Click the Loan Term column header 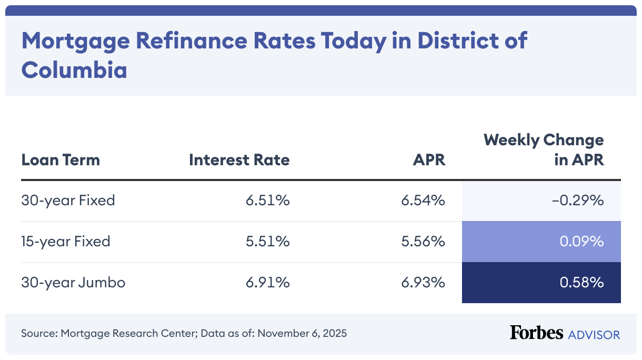pyautogui.click(x=61, y=159)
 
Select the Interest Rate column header pyautogui.click(x=239, y=159)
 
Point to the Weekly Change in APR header pyautogui.click(x=544, y=150)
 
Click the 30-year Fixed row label pyautogui.click(x=68, y=201)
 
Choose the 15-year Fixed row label pyautogui.click(x=66, y=242)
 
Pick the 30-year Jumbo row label pyautogui.click(x=73, y=283)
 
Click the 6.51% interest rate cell pyautogui.click(x=267, y=201)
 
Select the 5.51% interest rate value pyautogui.click(x=267, y=242)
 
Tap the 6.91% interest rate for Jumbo pyautogui.click(x=267, y=283)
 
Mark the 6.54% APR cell pyautogui.click(x=424, y=201)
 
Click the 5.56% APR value pyautogui.click(x=424, y=242)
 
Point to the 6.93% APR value pyautogui.click(x=424, y=283)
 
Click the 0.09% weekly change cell pyautogui.click(x=581, y=242)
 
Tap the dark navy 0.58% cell pyautogui.click(x=581, y=283)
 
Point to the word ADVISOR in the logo pyautogui.click(x=594, y=334)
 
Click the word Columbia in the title pyautogui.click(x=74, y=69)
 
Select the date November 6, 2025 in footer pyautogui.click(x=302, y=334)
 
